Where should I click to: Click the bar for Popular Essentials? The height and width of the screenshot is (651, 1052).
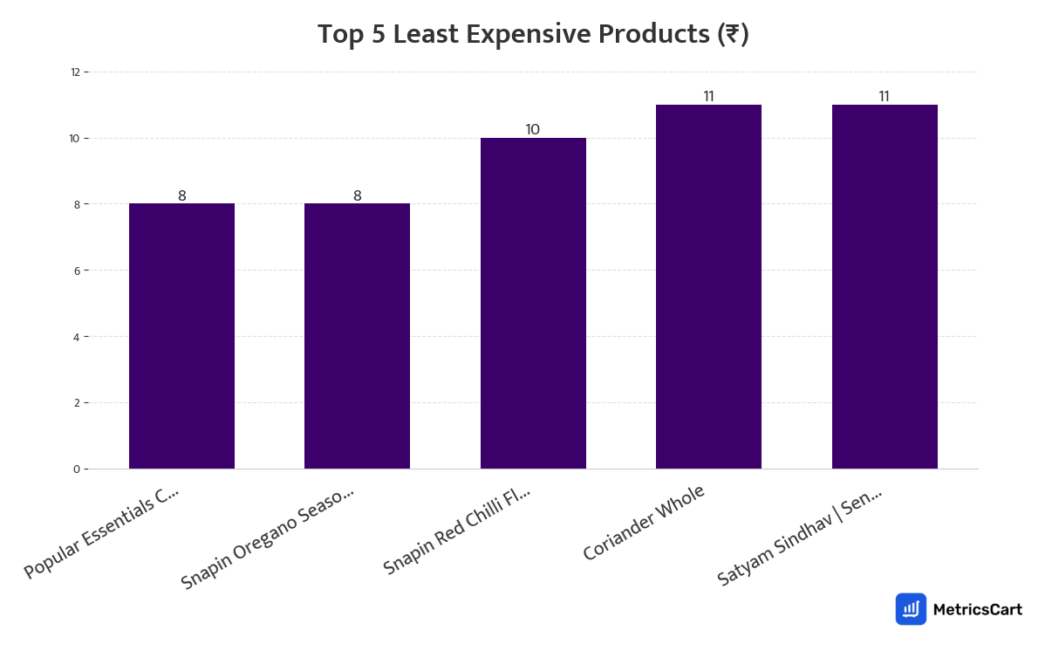pos(181,336)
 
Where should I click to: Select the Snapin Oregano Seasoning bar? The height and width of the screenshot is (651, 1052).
pos(357,336)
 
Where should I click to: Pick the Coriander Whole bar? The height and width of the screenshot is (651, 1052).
pos(708,287)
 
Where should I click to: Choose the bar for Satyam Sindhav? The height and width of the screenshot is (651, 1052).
pos(885,287)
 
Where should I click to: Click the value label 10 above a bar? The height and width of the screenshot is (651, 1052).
pos(532,130)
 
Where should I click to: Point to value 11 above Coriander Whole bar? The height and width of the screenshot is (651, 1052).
pos(708,97)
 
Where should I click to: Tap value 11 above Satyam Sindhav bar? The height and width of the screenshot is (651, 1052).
pos(884,97)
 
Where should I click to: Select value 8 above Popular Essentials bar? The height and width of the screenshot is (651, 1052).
pos(181,196)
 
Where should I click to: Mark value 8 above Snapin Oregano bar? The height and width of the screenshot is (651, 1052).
pos(357,196)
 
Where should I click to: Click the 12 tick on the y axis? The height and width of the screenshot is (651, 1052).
pos(76,72)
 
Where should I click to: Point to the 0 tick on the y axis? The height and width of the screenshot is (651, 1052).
pos(77,469)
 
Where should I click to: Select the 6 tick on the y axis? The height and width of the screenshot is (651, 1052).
pos(77,271)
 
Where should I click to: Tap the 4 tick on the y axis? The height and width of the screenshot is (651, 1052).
pos(77,337)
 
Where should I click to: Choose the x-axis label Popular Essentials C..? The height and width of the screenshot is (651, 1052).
pos(101,533)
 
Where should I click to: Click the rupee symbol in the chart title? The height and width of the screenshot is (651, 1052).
pos(732,35)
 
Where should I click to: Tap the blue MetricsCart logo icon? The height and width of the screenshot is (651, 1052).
pos(911,609)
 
